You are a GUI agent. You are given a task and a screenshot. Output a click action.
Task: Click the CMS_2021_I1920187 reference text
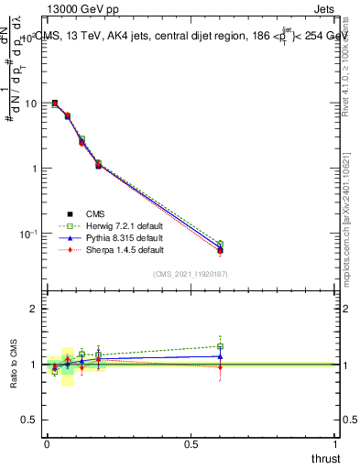190,274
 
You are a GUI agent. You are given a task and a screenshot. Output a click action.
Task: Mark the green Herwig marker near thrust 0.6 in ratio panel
220,347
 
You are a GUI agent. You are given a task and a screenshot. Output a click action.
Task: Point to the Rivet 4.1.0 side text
347,55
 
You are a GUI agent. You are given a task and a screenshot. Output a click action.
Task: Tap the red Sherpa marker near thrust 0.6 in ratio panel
220,367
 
